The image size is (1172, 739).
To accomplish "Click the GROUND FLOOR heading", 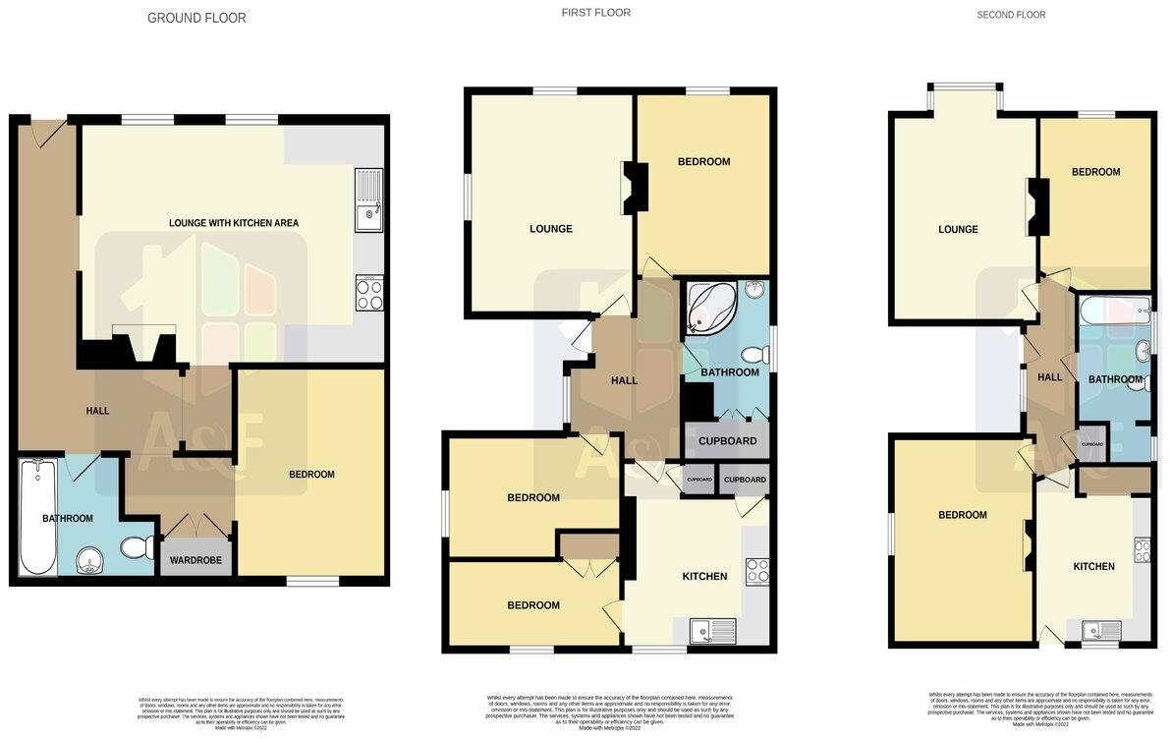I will pos(196,18).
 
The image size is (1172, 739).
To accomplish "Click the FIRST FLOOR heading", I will pos(595,13).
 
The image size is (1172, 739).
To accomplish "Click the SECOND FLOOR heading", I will pos(1011,15).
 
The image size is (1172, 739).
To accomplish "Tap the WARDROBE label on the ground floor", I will pos(196,560).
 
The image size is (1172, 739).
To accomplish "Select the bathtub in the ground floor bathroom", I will pos(37,517).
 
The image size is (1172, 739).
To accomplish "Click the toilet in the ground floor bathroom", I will pos(134,545).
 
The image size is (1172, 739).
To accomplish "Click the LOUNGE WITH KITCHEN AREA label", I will pos(234,223).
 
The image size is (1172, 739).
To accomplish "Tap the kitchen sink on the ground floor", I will pos(369,200).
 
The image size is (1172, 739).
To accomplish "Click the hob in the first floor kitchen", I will pos(756,572).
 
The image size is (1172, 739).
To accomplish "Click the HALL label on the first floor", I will pos(624,381).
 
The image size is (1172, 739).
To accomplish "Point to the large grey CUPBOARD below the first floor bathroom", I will pos(727,441).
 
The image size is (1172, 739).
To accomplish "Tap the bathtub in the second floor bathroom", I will pos(1114,315).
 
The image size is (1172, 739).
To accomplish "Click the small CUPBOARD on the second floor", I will pos(1091,444).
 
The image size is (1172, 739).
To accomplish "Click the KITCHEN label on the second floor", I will pos(1093,566).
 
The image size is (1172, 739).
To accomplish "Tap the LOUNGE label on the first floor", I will pos(550,229).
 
